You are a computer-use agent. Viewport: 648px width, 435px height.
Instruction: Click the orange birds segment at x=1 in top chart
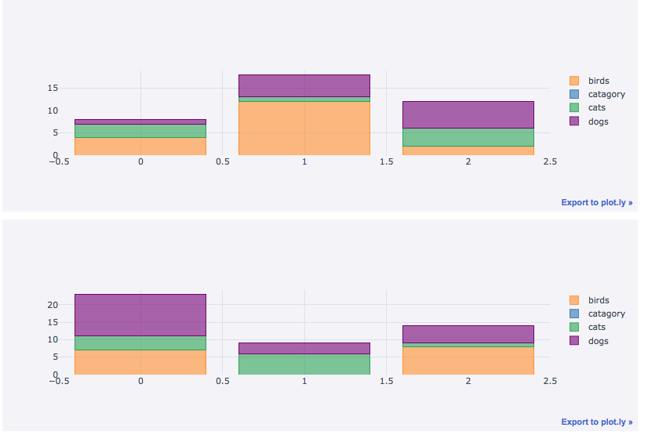(304, 128)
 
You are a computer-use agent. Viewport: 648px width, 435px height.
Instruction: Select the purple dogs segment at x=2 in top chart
(468, 114)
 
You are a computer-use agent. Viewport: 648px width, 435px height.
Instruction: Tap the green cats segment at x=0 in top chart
(140, 131)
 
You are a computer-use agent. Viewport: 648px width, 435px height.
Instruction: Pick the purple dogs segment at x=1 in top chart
(304, 85)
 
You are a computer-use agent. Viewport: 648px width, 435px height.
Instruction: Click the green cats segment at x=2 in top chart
(468, 137)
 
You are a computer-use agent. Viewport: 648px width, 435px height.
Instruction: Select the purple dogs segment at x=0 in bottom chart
(140, 315)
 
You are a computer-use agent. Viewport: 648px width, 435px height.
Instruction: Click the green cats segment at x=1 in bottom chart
(304, 364)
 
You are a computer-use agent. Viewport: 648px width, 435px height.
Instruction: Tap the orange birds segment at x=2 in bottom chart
(468, 361)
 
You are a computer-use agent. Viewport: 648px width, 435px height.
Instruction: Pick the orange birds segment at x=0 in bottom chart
(140, 362)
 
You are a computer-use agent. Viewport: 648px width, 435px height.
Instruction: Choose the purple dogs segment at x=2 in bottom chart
(468, 334)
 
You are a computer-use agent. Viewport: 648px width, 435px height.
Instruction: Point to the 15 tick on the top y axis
(53, 88)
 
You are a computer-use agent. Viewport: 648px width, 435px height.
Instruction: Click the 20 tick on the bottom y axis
(53, 305)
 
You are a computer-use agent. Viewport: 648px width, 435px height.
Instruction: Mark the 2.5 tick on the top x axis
(549, 162)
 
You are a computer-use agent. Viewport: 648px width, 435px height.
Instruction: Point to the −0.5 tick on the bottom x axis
(59, 382)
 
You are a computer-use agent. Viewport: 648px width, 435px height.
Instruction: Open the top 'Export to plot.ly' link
(596, 202)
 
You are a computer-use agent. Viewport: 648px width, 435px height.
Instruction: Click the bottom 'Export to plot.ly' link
(596, 422)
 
